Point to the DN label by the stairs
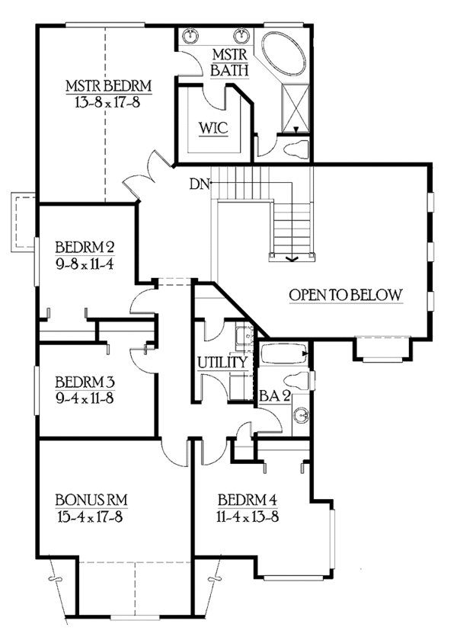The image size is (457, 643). [200, 184]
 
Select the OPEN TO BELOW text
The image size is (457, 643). [344, 295]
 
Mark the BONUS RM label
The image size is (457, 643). [91, 500]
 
